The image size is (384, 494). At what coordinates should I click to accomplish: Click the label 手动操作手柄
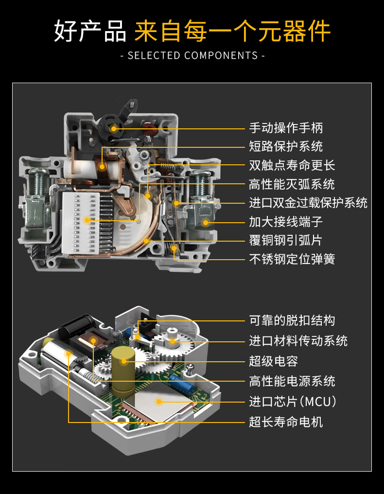click(286, 128)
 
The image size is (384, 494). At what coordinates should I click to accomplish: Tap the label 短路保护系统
click(286, 146)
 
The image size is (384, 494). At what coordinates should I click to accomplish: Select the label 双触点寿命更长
click(292, 165)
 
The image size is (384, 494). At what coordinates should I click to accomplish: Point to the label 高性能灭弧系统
click(292, 184)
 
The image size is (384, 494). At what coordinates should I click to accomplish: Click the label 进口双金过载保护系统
click(308, 203)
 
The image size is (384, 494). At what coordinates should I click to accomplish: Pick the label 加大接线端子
click(286, 222)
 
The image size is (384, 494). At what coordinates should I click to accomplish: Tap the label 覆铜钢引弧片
click(286, 240)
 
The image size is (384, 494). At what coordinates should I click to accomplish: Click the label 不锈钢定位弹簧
click(292, 259)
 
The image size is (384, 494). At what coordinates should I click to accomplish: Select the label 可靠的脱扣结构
click(292, 321)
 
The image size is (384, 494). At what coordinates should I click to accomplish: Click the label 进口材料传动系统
click(298, 341)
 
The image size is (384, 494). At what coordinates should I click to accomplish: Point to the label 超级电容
click(274, 361)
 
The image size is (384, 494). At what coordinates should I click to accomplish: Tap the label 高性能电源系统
click(292, 381)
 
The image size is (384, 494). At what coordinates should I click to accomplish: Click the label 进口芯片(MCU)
click(293, 402)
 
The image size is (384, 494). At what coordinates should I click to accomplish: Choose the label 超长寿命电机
click(286, 422)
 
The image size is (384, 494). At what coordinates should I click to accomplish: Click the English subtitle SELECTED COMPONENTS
click(193, 56)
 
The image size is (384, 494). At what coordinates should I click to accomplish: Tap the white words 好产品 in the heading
click(90, 31)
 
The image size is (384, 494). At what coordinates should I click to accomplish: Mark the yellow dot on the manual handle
click(113, 128)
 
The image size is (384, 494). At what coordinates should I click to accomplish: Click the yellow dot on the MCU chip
click(159, 402)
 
